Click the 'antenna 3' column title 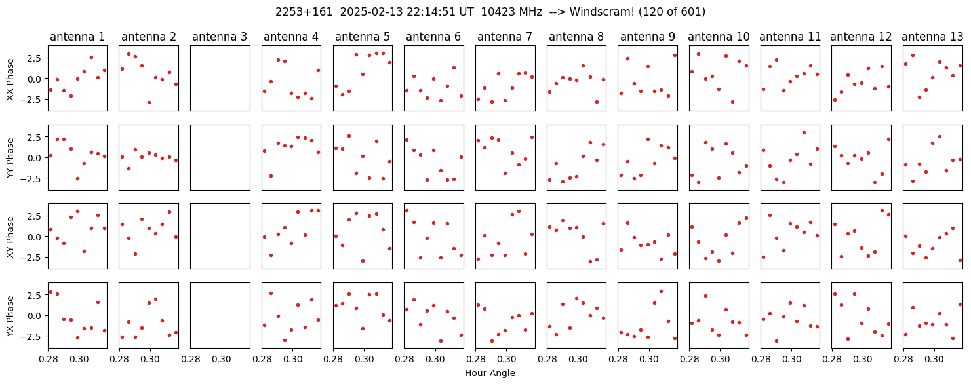point(220,37)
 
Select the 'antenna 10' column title point(719,37)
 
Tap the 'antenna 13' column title point(932,37)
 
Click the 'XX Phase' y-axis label point(10,79)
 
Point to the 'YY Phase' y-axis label point(10,158)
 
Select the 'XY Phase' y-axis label point(10,237)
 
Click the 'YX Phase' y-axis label point(10,315)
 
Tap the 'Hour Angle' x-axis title point(490,373)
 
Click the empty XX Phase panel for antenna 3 point(220,79)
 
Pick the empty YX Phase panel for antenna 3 point(220,315)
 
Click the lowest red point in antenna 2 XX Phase point(149,103)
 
